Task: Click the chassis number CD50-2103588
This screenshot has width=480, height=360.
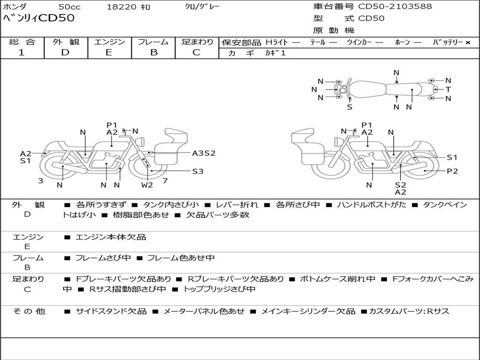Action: [395, 7]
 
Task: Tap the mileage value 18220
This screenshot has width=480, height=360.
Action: [121, 7]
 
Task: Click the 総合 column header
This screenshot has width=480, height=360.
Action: [22, 42]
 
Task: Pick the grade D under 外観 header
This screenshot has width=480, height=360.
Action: [65, 52]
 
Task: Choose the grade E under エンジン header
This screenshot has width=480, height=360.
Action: [109, 52]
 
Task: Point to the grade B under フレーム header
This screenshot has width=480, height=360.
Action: [154, 52]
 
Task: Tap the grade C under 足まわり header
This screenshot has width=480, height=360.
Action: [196, 52]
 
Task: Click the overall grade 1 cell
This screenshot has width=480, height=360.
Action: [22, 52]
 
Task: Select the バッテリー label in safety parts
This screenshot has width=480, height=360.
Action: [448, 43]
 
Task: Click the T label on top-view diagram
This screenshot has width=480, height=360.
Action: [448, 90]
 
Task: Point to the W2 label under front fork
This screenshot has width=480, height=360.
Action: [148, 185]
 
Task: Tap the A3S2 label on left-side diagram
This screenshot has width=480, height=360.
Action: [203, 153]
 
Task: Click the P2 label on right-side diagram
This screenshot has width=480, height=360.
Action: [452, 171]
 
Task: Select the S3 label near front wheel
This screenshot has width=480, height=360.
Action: [198, 171]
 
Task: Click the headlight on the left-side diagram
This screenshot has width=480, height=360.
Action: [139, 141]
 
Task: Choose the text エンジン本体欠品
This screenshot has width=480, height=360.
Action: [111, 237]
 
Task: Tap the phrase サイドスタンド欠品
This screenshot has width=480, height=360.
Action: [111, 311]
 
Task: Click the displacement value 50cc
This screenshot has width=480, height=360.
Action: [69, 7]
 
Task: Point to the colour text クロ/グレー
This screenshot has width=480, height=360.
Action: [202, 7]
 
